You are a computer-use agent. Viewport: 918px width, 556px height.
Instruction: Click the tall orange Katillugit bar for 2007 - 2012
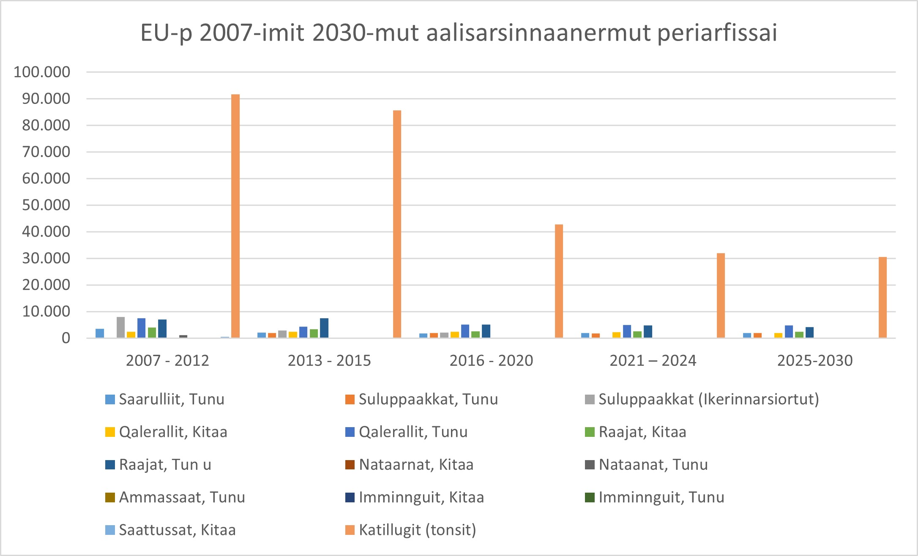tap(235, 215)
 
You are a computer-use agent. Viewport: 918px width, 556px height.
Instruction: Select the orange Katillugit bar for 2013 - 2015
tap(397, 224)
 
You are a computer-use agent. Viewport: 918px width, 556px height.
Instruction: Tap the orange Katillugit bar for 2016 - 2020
tap(559, 281)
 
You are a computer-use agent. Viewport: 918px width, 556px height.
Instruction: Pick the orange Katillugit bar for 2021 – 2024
tap(721, 295)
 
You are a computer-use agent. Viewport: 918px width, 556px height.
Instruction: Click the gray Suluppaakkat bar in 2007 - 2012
tap(121, 327)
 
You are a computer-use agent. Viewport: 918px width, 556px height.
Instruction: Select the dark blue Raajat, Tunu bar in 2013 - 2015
tap(324, 328)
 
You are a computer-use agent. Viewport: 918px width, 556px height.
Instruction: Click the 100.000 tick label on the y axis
tap(42, 72)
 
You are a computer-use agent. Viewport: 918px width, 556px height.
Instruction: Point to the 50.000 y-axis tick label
tap(46, 205)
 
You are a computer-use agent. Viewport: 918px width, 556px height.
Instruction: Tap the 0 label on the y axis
tap(66, 338)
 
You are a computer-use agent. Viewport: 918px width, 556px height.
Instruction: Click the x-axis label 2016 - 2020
tap(491, 360)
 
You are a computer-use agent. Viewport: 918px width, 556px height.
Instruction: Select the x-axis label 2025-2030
tap(815, 360)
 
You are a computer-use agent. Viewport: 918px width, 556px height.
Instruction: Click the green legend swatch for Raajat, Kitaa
tap(590, 432)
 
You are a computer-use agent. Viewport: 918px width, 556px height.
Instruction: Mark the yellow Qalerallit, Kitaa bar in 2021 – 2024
tap(617, 335)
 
